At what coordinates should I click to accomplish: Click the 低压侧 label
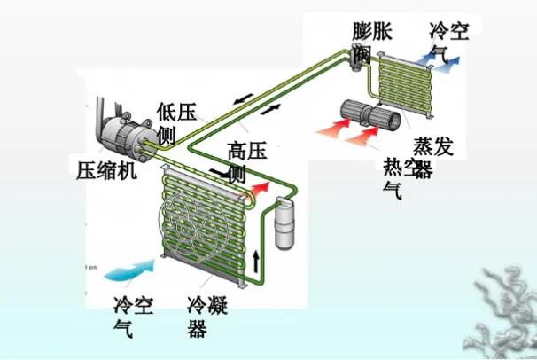(x=175, y=122)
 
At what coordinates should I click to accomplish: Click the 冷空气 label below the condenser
(x=133, y=317)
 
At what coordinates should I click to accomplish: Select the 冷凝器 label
(x=206, y=317)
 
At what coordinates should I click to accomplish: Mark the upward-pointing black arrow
(x=257, y=259)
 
